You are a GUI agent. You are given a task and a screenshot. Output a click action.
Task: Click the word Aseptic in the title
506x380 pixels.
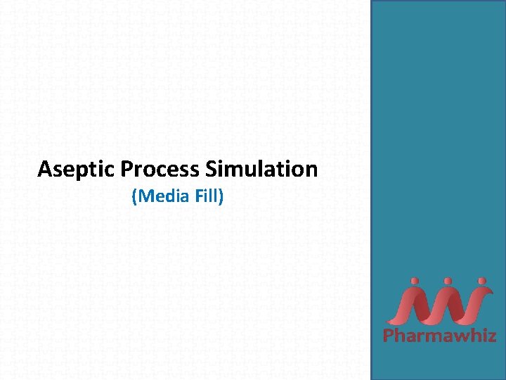tap(77, 170)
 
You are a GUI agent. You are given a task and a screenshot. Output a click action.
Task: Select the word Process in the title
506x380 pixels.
tap(161, 170)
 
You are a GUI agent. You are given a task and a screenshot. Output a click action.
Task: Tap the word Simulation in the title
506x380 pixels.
tap(262, 170)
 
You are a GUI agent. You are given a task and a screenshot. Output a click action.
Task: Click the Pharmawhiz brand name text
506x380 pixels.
tap(439, 336)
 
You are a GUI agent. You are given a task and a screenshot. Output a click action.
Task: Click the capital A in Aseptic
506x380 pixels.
tap(45, 170)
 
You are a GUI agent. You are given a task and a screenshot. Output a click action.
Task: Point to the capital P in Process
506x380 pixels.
tap(127, 170)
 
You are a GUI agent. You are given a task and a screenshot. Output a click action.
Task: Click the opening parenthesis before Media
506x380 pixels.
tap(134, 196)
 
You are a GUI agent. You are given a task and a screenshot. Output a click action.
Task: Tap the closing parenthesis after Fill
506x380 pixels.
tap(221, 196)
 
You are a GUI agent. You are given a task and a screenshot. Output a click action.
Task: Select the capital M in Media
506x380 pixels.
tap(145, 196)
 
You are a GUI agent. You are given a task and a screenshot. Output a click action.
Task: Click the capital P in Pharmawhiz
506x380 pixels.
tap(388, 336)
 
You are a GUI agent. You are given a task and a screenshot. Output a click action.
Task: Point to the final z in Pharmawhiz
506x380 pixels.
tap(491, 336)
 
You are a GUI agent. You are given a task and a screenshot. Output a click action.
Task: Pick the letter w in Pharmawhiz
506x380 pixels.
tap(458, 336)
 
